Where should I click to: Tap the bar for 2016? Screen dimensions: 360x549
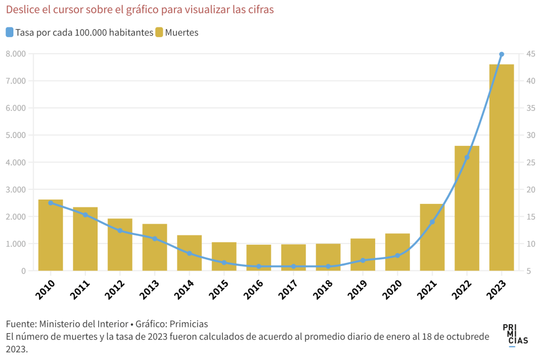(259, 258)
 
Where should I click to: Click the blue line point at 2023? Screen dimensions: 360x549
(501, 54)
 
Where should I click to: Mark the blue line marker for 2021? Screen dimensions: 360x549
(432, 222)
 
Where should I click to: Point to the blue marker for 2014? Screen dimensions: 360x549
(189, 253)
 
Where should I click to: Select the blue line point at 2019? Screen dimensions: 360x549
(363, 260)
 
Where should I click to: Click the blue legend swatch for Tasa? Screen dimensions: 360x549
(10, 32)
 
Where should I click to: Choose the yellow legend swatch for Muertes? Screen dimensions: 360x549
(159, 32)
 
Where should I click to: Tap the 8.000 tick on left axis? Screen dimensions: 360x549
(16, 54)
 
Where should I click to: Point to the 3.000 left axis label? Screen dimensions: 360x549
(16, 189)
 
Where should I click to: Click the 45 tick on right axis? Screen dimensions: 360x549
(530, 54)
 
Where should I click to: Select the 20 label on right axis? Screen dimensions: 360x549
(530, 189)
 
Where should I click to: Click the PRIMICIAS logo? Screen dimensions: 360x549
(515, 335)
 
